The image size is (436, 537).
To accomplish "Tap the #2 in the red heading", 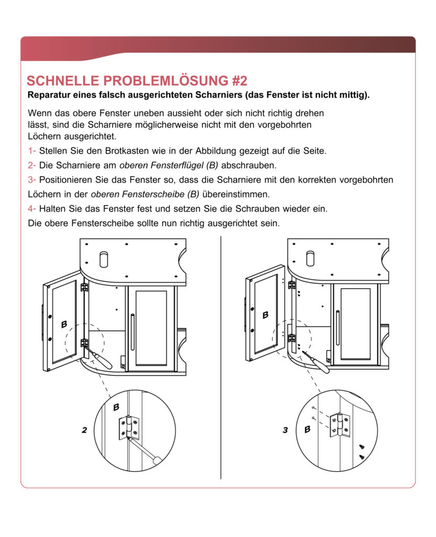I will (x=238, y=81).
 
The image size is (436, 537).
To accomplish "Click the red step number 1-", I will (x=31, y=151).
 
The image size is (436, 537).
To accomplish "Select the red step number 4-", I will (x=31, y=208).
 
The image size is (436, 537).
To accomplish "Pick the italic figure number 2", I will (x=84, y=430).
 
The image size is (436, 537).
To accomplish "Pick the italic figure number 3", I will (x=286, y=430).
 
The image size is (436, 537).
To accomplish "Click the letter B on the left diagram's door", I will (x=64, y=325).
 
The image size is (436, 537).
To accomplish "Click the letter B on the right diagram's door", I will (x=266, y=315).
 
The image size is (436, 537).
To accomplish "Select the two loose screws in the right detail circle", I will (x=361, y=452).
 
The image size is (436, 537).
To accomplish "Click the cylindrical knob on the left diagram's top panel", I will (x=104, y=259).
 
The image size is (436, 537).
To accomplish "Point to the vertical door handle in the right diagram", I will (x=338, y=328).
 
